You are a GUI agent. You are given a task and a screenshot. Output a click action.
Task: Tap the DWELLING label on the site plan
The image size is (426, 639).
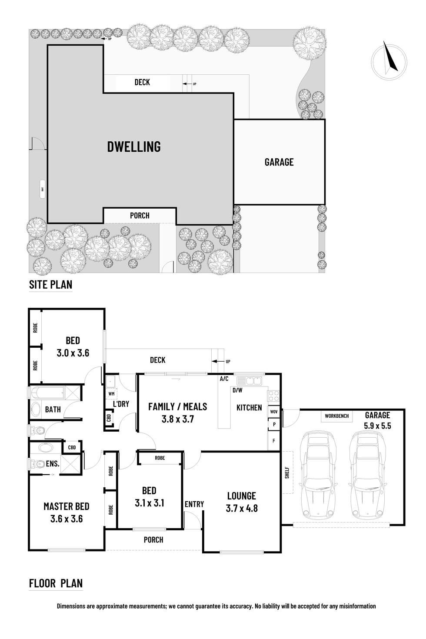coord(134,146)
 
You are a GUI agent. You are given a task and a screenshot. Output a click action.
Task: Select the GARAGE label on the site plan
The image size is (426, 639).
coord(279,162)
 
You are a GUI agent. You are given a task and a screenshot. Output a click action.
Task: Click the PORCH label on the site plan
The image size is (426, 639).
coord(140,215)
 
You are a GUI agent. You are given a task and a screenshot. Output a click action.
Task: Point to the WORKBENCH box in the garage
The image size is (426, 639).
coord(336,416)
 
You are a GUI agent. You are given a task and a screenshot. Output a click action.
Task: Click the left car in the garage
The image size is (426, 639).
coord(318,472)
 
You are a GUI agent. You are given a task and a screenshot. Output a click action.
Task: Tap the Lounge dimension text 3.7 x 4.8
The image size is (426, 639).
coord(242,508)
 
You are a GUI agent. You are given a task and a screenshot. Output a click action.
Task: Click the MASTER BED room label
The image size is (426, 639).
coord(66,506)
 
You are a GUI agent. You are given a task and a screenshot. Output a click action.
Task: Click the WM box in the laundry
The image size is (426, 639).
coord(111,394)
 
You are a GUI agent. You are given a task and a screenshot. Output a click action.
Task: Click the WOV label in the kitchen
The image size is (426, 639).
coord(274,411)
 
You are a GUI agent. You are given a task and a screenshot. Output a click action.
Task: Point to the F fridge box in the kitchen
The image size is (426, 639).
coord(274,440)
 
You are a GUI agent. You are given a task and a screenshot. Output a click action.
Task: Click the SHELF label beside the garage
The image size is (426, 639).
coord(287,473)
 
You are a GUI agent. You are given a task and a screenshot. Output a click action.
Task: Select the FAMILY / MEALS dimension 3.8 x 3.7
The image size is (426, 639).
coord(177,419)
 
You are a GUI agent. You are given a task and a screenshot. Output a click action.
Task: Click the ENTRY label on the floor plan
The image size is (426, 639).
coord(194,504)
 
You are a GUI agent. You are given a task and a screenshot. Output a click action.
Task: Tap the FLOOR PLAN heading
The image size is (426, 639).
coord(56,583)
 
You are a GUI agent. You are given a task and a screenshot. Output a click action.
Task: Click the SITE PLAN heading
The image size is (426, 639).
coord(50,285)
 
